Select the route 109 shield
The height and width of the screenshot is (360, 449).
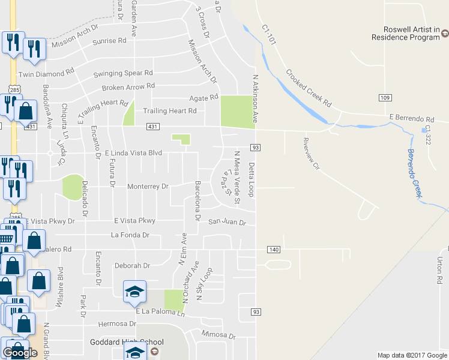click(385, 97)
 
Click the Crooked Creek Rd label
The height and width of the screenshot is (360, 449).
click(309, 88)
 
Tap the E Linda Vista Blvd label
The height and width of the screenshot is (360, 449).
click(134, 154)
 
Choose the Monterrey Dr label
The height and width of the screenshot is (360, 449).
click(148, 187)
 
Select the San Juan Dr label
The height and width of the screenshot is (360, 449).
click(227, 223)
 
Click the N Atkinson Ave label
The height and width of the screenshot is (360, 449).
click(255, 96)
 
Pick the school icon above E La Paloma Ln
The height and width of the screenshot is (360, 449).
click(135, 291)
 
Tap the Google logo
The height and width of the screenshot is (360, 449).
click(20, 353)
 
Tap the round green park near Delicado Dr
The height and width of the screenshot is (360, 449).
click(72, 187)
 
